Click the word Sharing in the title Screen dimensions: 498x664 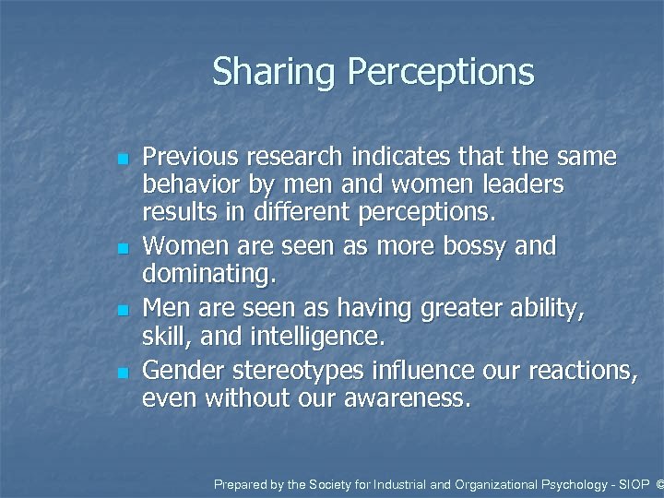(275, 72)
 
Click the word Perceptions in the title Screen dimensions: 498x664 (440, 72)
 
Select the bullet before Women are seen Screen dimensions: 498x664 (123, 249)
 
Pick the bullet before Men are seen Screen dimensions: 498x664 (123, 311)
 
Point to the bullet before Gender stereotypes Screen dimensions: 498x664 (123, 373)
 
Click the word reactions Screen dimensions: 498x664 (581, 370)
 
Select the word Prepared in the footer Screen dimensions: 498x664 (239, 483)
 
